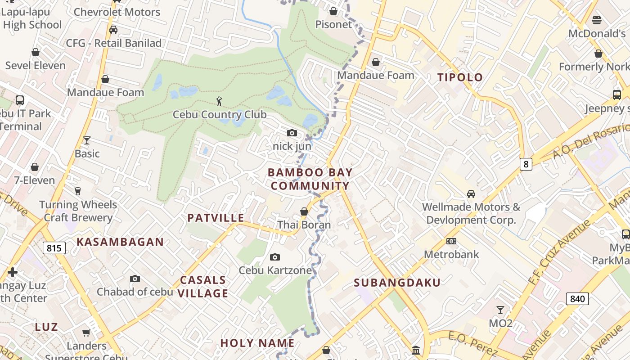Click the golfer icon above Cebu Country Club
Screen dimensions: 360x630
[219, 101]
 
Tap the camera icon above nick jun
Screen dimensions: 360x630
[292, 133]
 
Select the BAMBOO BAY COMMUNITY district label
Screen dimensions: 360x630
[310, 179]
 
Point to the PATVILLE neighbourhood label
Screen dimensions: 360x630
[216, 218]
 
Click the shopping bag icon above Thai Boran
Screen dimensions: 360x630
[304, 211]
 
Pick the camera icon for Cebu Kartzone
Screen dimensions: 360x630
[275, 257]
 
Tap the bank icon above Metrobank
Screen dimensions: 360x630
[451, 241]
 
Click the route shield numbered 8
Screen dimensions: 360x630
[526, 164]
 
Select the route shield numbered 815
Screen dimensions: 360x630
[54, 248]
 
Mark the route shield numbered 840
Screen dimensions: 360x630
[577, 299]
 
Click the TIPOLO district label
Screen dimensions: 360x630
[460, 77]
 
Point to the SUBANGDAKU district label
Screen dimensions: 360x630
[397, 283]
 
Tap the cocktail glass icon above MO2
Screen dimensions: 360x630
[500, 310]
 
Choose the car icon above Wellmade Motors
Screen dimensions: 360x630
[471, 194]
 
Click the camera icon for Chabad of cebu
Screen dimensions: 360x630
[135, 279]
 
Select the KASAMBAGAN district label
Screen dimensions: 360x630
[120, 242]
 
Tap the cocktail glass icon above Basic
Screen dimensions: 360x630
[87, 140]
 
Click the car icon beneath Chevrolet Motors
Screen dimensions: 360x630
[113, 30]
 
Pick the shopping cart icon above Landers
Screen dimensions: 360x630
[86, 333]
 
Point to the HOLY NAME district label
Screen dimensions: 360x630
[257, 343]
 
